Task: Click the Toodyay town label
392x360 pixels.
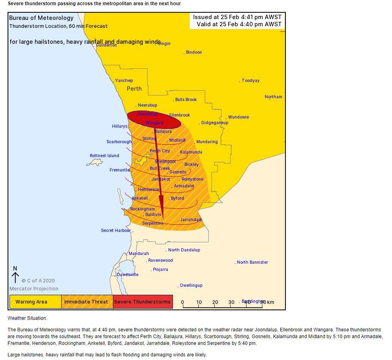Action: point(250,81)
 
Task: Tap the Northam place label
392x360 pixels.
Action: point(273,97)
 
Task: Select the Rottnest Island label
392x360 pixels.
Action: point(104,156)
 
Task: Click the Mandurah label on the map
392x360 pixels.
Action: point(139,254)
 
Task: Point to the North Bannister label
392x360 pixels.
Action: point(252,263)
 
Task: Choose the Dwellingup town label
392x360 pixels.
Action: point(191,286)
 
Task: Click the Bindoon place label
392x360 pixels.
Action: point(194,53)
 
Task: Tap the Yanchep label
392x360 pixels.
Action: point(124,81)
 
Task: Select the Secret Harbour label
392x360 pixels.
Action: point(116,231)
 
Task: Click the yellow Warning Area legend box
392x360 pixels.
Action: point(35,302)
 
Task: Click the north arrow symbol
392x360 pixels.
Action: point(15,276)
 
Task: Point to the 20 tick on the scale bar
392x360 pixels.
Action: point(215,303)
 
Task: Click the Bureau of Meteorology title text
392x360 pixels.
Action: point(41,18)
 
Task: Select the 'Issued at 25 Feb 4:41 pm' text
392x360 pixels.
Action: point(237,17)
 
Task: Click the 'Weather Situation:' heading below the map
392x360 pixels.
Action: point(27,319)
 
